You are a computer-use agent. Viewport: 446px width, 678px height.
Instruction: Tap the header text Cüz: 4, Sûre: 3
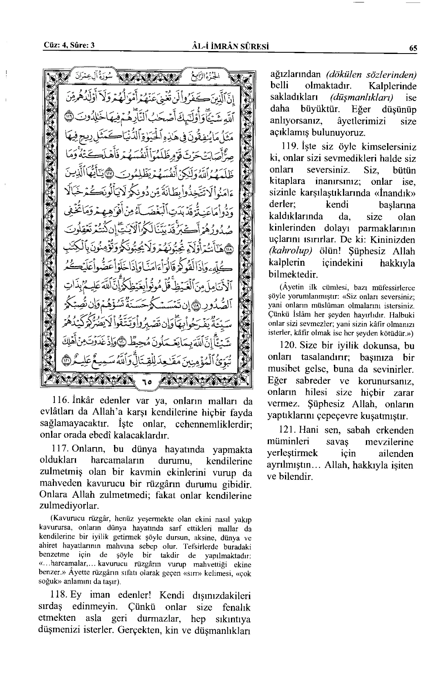[69, 45]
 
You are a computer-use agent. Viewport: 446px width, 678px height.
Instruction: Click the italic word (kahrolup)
[286, 251]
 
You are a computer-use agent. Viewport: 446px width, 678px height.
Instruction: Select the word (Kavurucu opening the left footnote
[67, 520]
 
